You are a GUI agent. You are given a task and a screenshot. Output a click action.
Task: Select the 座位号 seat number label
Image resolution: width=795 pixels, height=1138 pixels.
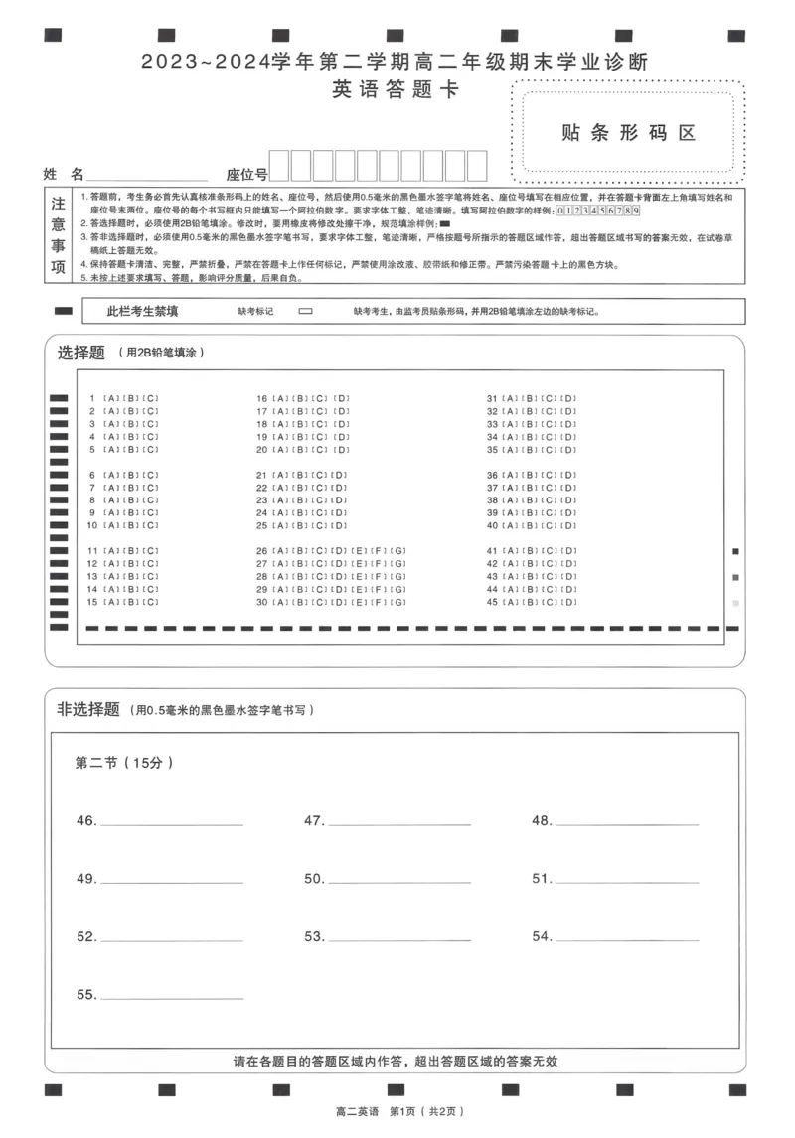(246, 174)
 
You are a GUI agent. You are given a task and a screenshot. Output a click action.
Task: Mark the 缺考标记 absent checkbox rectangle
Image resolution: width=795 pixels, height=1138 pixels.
(305, 311)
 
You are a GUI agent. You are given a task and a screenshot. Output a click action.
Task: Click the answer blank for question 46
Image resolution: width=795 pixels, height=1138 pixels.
(171, 822)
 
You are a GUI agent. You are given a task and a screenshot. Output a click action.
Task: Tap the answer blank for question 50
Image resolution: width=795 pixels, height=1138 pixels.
(398, 880)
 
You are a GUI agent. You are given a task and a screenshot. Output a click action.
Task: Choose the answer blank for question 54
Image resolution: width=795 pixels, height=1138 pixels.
(626, 937)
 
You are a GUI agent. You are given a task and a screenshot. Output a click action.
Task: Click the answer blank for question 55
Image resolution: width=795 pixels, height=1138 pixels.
(171, 995)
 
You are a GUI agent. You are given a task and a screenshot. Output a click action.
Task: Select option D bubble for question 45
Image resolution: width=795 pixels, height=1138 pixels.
(569, 602)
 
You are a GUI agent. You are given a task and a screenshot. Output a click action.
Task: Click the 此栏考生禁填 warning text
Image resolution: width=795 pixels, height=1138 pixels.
(143, 311)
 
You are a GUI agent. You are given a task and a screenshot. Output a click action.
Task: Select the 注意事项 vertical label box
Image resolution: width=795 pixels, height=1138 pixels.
(59, 234)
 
